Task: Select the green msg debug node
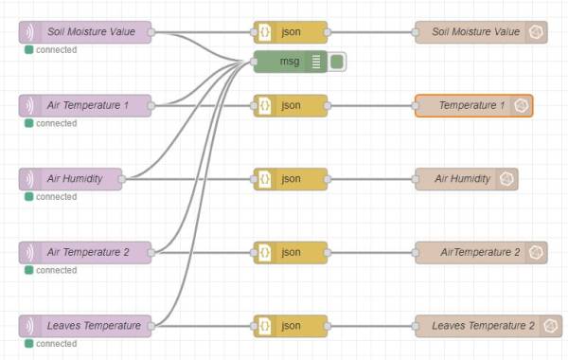[x=290, y=62]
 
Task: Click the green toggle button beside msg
[x=337, y=62]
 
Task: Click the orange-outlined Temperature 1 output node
[x=473, y=105]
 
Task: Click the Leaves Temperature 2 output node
[x=488, y=326]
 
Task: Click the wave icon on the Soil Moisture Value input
[x=30, y=32]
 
